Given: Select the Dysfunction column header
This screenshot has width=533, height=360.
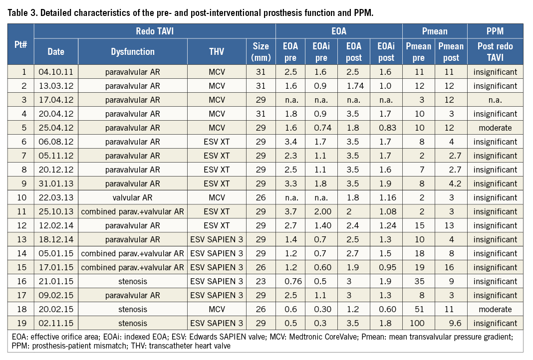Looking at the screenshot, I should pyautogui.click(x=133, y=51).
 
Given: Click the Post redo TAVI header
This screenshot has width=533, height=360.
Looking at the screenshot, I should pyautogui.click(x=495, y=51).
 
